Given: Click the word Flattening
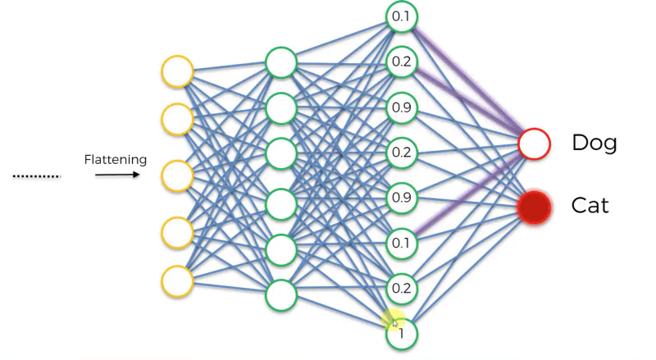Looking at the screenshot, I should [x=115, y=159].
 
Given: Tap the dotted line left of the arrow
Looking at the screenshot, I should [x=37, y=175].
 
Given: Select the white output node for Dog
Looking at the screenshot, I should [x=533, y=144].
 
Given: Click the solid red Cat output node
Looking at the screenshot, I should [x=533, y=206].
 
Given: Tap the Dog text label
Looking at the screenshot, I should [x=594, y=144].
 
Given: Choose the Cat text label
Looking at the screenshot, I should [x=590, y=205].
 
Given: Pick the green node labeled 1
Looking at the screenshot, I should [x=402, y=333].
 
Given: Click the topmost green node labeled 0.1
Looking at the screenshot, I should [x=402, y=16].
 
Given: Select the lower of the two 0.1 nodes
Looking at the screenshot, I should [x=402, y=243].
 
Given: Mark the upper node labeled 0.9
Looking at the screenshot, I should [x=402, y=107].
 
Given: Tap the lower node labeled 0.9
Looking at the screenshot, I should [x=402, y=198].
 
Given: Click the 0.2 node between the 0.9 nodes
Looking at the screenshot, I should [x=402, y=153].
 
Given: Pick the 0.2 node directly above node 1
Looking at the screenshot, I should [x=402, y=288].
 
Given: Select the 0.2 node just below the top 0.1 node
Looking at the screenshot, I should [x=402, y=62].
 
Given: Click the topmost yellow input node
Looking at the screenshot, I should [x=177, y=71].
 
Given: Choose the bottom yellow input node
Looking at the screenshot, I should [x=177, y=280].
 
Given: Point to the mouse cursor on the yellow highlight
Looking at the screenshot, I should [x=395, y=322].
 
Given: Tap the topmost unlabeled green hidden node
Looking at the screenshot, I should [x=280, y=62].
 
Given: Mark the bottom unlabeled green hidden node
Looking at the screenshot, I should [x=280, y=295].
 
